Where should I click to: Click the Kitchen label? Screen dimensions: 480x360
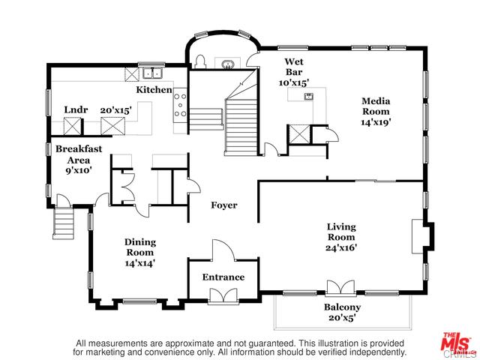pyautogui.click(x=154, y=90)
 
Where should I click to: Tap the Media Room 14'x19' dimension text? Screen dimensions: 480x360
pyautogui.click(x=376, y=122)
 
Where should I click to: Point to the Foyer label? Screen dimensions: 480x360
pyautogui.click(x=224, y=205)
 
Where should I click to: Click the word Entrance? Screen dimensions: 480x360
pyautogui.click(x=223, y=277)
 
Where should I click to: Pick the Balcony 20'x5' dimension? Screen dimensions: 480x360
pyautogui.click(x=342, y=317)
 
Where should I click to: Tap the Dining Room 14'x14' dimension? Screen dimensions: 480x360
pyautogui.click(x=140, y=263)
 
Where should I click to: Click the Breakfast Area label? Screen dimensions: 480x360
pyautogui.click(x=79, y=154)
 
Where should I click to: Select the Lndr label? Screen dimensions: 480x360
pyautogui.click(x=76, y=109)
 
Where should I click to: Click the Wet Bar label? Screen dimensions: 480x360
pyautogui.click(x=294, y=67)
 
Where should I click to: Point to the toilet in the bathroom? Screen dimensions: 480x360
pyautogui.click(x=200, y=61)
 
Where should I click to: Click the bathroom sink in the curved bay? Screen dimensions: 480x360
pyautogui.click(x=227, y=65)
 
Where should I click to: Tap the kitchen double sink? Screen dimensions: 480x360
pyautogui.click(x=152, y=73)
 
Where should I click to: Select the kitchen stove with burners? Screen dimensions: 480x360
pyautogui.click(x=180, y=105)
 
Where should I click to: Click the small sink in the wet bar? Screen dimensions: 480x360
pyautogui.click(x=308, y=97)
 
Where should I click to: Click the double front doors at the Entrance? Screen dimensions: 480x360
pyautogui.click(x=223, y=295)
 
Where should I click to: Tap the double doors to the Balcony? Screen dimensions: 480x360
pyautogui.click(x=340, y=288)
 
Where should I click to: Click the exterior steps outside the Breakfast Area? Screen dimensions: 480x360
pyautogui.click(x=64, y=222)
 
